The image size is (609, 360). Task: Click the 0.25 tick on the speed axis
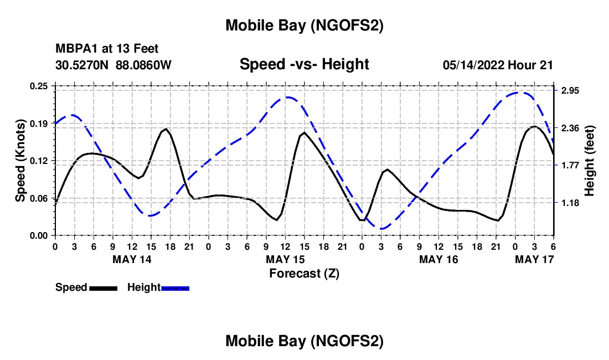click(x=39, y=86)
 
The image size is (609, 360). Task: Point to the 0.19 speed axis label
click(x=39, y=123)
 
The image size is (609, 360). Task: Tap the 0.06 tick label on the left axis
click(x=39, y=198)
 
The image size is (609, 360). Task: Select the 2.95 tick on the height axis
click(x=570, y=91)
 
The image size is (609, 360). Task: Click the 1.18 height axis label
click(x=570, y=203)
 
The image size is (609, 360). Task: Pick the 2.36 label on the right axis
click(x=570, y=128)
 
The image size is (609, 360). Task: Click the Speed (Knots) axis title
click(x=20, y=161)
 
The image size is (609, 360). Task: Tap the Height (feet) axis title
click(x=590, y=161)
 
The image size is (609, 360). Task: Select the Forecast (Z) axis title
click(x=303, y=273)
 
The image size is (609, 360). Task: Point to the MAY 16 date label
click(x=438, y=259)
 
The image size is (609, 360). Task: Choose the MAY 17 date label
click(x=534, y=259)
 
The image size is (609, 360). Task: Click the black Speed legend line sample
click(x=103, y=288)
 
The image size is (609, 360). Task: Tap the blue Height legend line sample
click(x=176, y=288)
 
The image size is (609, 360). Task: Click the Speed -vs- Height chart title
click(x=304, y=64)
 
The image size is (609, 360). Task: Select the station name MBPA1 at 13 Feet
click(x=107, y=49)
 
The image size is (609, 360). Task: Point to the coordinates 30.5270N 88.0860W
click(x=113, y=65)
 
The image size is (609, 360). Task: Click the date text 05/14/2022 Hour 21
click(x=498, y=65)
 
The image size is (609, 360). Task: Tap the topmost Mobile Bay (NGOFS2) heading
click(x=304, y=25)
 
